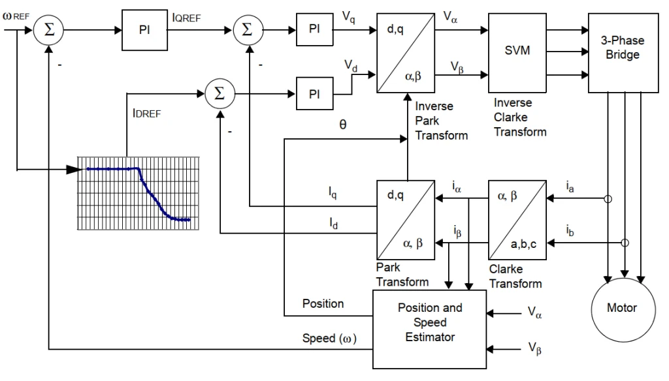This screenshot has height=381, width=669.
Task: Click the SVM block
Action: [x=517, y=53]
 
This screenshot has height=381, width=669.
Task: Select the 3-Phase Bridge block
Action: [x=623, y=53]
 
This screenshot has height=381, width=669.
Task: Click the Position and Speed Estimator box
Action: [x=430, y=329]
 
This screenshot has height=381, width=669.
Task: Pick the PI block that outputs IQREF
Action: [x=144, y=30]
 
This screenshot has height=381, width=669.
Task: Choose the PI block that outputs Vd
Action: [x=314, y=94]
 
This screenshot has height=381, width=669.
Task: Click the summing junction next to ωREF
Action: [x=48, y=30]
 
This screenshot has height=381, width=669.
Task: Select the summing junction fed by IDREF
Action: [x=220, y=94]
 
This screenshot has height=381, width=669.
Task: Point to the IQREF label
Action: [x=186, y=18]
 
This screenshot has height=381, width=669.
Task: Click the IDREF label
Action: [x=146, y=114]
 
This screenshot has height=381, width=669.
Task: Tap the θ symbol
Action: [x=342, y=125]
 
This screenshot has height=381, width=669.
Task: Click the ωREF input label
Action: [x=16, y=16]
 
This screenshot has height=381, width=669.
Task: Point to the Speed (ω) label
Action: [x=329, y=339]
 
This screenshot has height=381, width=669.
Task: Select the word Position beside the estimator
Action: [x=323, y=303]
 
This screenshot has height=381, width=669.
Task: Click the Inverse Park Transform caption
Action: [x=441, y=121]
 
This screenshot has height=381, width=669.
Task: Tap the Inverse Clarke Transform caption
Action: [x=520, y=117]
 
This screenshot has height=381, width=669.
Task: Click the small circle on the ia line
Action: [x=608, y=199]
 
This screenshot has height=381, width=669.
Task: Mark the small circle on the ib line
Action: [x=625, y=243]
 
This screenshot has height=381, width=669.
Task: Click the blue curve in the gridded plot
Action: [x=150, y=192]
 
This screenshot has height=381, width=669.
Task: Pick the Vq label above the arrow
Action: [x=349, y=18]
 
